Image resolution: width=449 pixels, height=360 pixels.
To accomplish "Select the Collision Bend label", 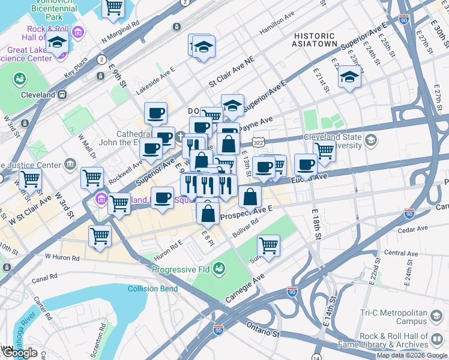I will (x=152, y=289).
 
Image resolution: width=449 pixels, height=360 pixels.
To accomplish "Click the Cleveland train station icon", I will (x=61, y=95).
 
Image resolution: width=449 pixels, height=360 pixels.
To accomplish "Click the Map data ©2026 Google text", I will (x=411, y=355).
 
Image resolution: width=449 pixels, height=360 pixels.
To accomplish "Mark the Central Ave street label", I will (x=400, y=253).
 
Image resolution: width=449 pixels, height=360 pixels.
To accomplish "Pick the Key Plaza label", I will (x=76, y=68).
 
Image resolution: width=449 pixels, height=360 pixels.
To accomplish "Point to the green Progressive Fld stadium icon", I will (x=220, y=267).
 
